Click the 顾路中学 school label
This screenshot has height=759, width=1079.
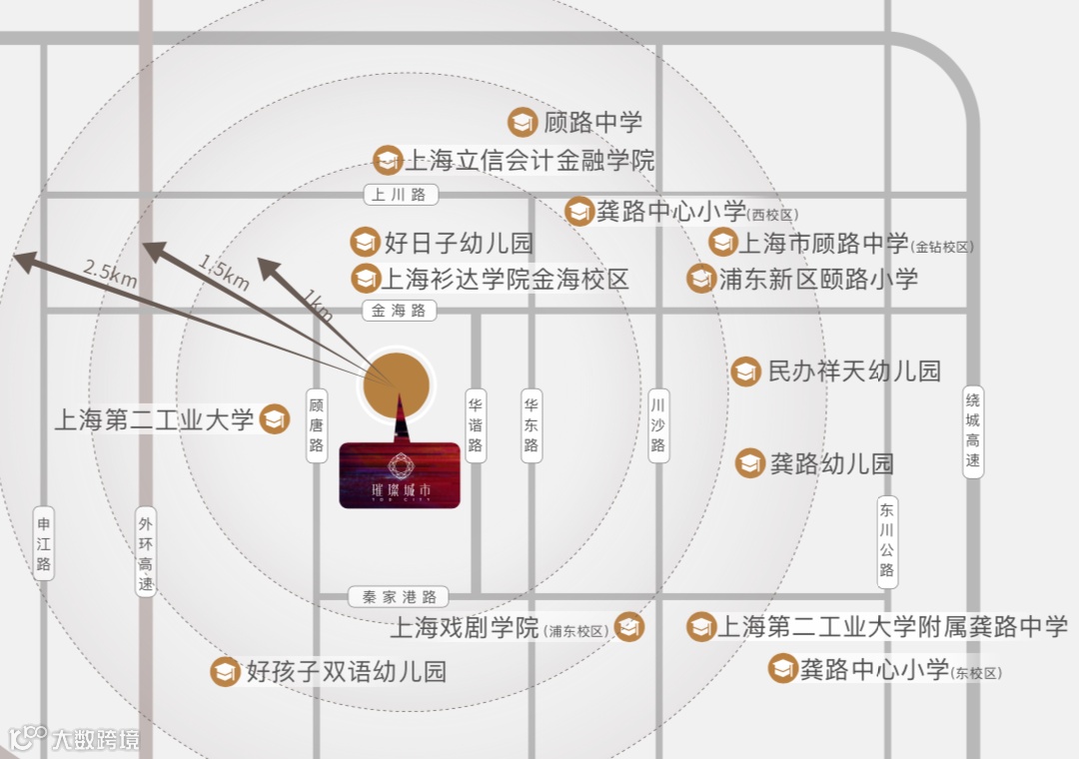tap(592, 123)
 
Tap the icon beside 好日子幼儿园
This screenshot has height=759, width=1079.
tap(365, 242)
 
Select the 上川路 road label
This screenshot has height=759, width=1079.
tap(399, 195)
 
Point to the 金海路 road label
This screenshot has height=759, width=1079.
tap(399, 311)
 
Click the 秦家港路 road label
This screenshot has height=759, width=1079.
tap(399, 597)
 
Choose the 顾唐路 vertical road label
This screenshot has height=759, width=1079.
tap(317, 425)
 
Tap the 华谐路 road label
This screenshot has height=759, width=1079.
tap(476, 425)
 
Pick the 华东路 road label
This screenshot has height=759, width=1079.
tap(531, 425)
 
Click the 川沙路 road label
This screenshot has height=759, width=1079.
tap(657, 425)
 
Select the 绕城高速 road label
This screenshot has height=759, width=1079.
tap(973, 432)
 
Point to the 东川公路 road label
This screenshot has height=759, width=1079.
tap(887, 540)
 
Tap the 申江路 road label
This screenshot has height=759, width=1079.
tap(43, 544)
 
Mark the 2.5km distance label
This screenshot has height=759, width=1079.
tap(110, 273)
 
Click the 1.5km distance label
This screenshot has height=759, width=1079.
tap(224, 272)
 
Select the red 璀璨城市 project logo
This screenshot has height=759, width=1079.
tap(400, 475)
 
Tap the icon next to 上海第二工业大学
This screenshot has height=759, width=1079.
tap(274, 419)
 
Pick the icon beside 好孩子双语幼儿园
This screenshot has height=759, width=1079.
tap(225, 671)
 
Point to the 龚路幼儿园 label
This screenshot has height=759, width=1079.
tap(831, 463)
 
